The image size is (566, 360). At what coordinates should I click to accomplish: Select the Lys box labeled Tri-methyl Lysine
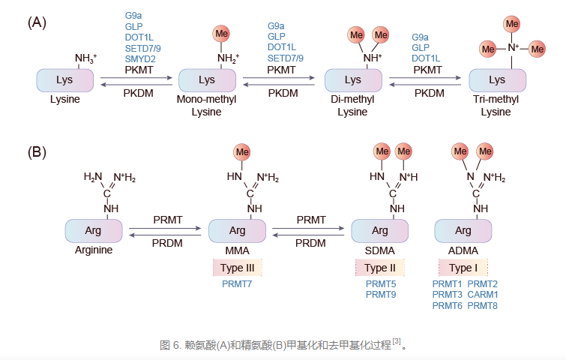pos(496,79)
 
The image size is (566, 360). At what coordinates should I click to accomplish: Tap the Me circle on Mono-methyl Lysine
pos(221,34)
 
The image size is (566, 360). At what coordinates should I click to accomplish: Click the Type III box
pos(237,268)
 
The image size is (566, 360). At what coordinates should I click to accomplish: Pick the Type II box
pos(379,268)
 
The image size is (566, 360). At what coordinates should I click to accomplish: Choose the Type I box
pos(463,268)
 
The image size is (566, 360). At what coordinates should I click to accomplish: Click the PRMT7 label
pos(237,284)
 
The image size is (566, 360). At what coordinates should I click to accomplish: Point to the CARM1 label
pos(483,295)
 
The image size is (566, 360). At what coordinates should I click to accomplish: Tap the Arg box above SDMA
pos(379,230)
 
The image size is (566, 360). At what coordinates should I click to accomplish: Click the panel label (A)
pos(37,22)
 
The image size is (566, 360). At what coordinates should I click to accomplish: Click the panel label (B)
pos(37,153)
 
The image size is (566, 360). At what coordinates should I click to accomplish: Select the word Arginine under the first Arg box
pos(93,250)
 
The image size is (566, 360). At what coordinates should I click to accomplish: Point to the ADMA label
pos(463,250)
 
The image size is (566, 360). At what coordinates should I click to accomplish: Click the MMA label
pos(237,250)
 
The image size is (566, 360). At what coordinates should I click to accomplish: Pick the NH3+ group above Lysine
pos(85,58)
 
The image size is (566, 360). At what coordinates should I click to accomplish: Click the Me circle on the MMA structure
pos(242,152)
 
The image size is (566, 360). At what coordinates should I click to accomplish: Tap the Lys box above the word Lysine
pos(64,79)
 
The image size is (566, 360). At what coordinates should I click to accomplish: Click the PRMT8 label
pos(483,305)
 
